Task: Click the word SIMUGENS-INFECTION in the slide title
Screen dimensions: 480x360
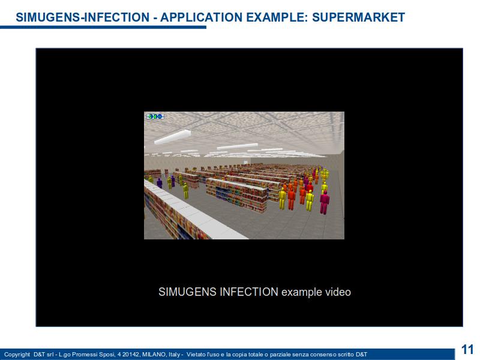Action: coord(82,17)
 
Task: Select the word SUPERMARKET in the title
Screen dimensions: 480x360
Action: coord(358,17)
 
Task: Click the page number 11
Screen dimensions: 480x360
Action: coord(467,350)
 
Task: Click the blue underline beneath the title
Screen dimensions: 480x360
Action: coord(103,27)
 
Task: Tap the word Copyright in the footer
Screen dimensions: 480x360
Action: coord(17,355)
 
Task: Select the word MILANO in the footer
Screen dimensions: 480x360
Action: coord(155,354)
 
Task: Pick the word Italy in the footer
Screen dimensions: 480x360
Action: coord(174,355)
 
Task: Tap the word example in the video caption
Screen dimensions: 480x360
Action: coord(302,292)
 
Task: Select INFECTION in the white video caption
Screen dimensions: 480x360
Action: coord(249,292)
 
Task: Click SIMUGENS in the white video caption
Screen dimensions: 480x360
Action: coord(187,292)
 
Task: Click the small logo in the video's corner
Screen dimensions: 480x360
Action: coord(155,116)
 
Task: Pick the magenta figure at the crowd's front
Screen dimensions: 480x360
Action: coord(325,202)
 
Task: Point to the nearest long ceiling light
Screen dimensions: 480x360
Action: coord(173,137)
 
